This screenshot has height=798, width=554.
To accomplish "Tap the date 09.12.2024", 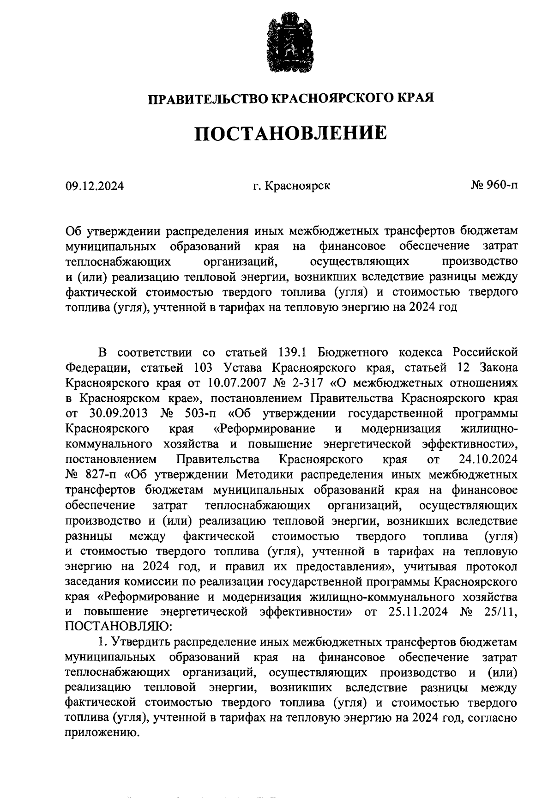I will coord(94,187).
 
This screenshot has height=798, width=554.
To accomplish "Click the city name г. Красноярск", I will coord(291,186).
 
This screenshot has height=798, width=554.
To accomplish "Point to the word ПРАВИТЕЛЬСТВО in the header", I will coord(207,98).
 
